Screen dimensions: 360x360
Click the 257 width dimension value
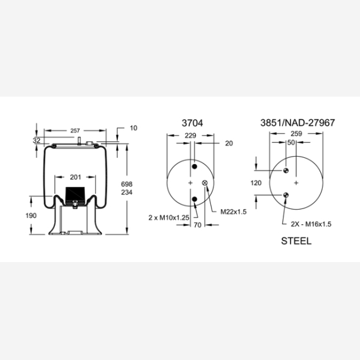[x=75, y=131]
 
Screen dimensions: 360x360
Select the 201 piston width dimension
[x=76, y=177]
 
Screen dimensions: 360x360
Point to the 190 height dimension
[x=31, y=215]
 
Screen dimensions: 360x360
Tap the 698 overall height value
[x=127, y=184]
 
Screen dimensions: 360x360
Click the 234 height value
[x=127, y=192]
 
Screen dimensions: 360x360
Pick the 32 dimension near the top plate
[x=37, y=140]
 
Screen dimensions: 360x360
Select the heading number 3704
[x=193, y=123]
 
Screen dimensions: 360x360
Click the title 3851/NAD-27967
[x=297, y=123]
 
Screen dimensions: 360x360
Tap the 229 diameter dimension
[x=190, y=136]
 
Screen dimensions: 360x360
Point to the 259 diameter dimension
[x=296, y=134]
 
